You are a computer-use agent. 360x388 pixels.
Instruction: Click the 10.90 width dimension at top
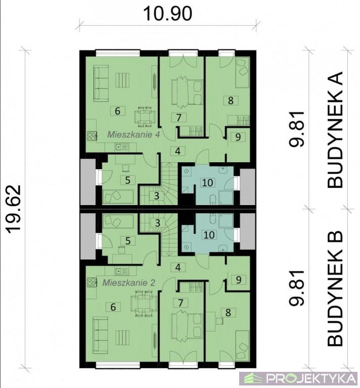[168, 13]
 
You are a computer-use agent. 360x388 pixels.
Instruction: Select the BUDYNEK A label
[335, 129]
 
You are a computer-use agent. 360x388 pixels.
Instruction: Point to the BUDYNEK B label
[335, 288]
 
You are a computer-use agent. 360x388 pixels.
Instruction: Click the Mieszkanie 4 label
[133, 134]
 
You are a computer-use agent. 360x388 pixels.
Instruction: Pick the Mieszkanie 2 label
[129, 282]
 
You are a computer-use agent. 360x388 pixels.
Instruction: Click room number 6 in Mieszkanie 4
[118, 111]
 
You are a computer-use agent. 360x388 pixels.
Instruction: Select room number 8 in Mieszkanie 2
[228, 313]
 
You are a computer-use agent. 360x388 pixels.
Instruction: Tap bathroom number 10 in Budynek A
[207, 182]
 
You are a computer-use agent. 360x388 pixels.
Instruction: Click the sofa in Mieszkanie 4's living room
[101, 83]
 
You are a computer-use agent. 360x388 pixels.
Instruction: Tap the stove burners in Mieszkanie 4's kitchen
[92, 136]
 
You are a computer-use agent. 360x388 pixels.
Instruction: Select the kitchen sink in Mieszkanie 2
[122, 271]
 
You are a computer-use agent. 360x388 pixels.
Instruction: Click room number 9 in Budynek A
[238, 137]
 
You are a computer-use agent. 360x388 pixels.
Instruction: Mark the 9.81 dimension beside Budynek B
[297, 288]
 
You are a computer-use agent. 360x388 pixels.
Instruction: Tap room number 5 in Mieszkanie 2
[128, 240]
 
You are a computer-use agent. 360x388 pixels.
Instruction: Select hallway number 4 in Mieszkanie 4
[178, 151]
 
